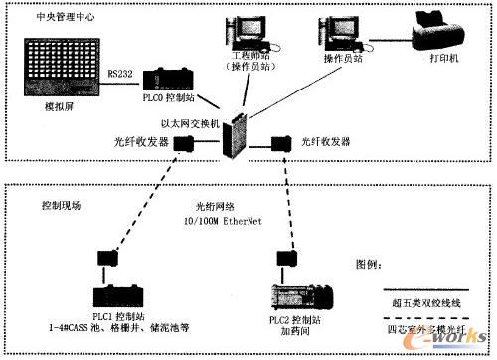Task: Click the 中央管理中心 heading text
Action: click(x=46, y=16)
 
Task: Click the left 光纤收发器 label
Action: click(x=136, y=142)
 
